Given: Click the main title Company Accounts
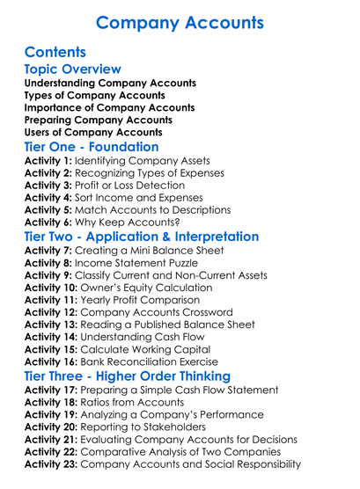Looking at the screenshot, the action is click(x=179, y=23).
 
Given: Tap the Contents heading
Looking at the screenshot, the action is click(x=55, y=53).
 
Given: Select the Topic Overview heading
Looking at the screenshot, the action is click(x=72, y=69).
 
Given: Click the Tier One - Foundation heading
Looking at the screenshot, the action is click(x=92, y=147).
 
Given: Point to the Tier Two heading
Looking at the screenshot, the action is click(x=141, y=237).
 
